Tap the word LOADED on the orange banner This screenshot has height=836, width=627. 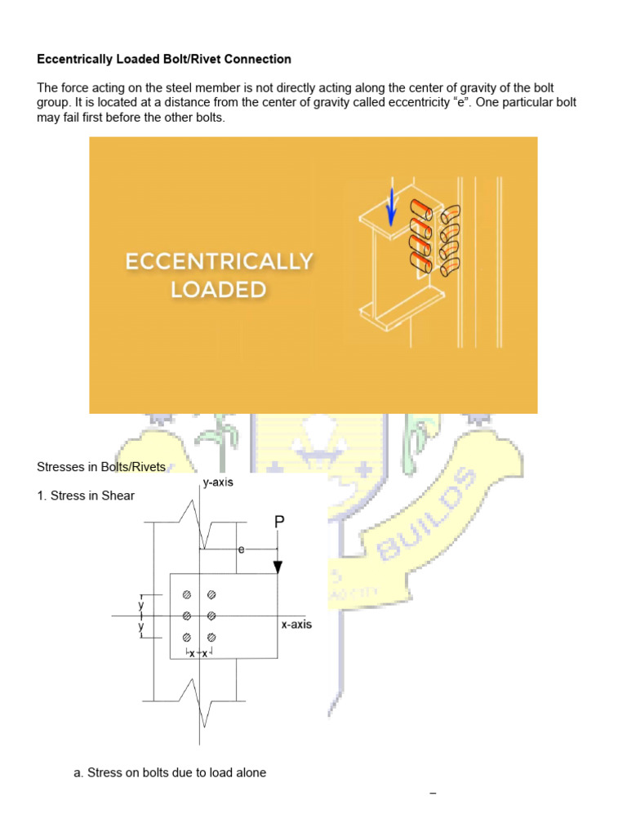pyautogui.click(x=219, y=289)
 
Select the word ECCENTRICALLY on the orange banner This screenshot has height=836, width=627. pyautogui.click(x=219, y=261)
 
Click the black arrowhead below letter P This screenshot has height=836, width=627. pyautogui.click(x=278, y=567)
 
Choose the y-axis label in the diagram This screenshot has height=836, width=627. pyautogui.click(x=218, y=482)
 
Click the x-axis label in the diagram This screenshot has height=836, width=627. pyautogui.click(x=296, y=625)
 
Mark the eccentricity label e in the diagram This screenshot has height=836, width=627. pyautogui.click(x=241, y=550)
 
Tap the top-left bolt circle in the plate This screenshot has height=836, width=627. pyautogui.click(x=187, y=594)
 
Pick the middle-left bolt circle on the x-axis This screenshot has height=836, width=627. pyautogui.click(x=187, y=615)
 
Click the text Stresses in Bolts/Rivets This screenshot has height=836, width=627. pyautogui.click(x=101, y=467)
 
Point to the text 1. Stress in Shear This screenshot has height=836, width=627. pyautogui.click(x=92, y=496)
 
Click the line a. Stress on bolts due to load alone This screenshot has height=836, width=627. pyautogui.click(x=170, y=772)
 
